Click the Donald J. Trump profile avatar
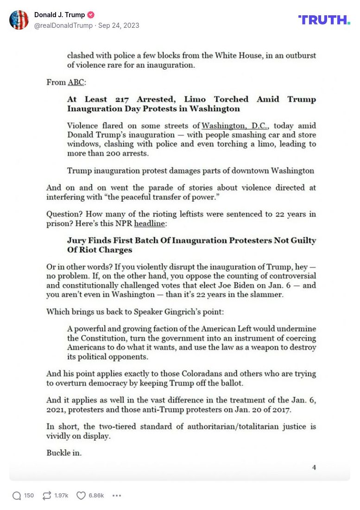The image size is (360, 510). click(19, 20)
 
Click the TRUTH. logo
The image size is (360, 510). click(324, 20)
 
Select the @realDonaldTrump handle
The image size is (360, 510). click(63, 25)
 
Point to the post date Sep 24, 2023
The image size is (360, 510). click(119, 25)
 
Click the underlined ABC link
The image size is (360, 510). click(76, 83)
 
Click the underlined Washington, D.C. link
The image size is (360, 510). click(235, 126)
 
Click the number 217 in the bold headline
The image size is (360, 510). click(124, 100)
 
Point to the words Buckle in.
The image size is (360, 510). click(64, 453)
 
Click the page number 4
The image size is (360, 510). click(314, 467)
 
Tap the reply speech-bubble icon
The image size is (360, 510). click(17, 496)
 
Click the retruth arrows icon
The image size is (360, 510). click(46, 496)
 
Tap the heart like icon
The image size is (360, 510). click(81, 496)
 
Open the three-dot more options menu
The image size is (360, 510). click(117, 496)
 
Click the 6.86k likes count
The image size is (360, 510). click(96, 496)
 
